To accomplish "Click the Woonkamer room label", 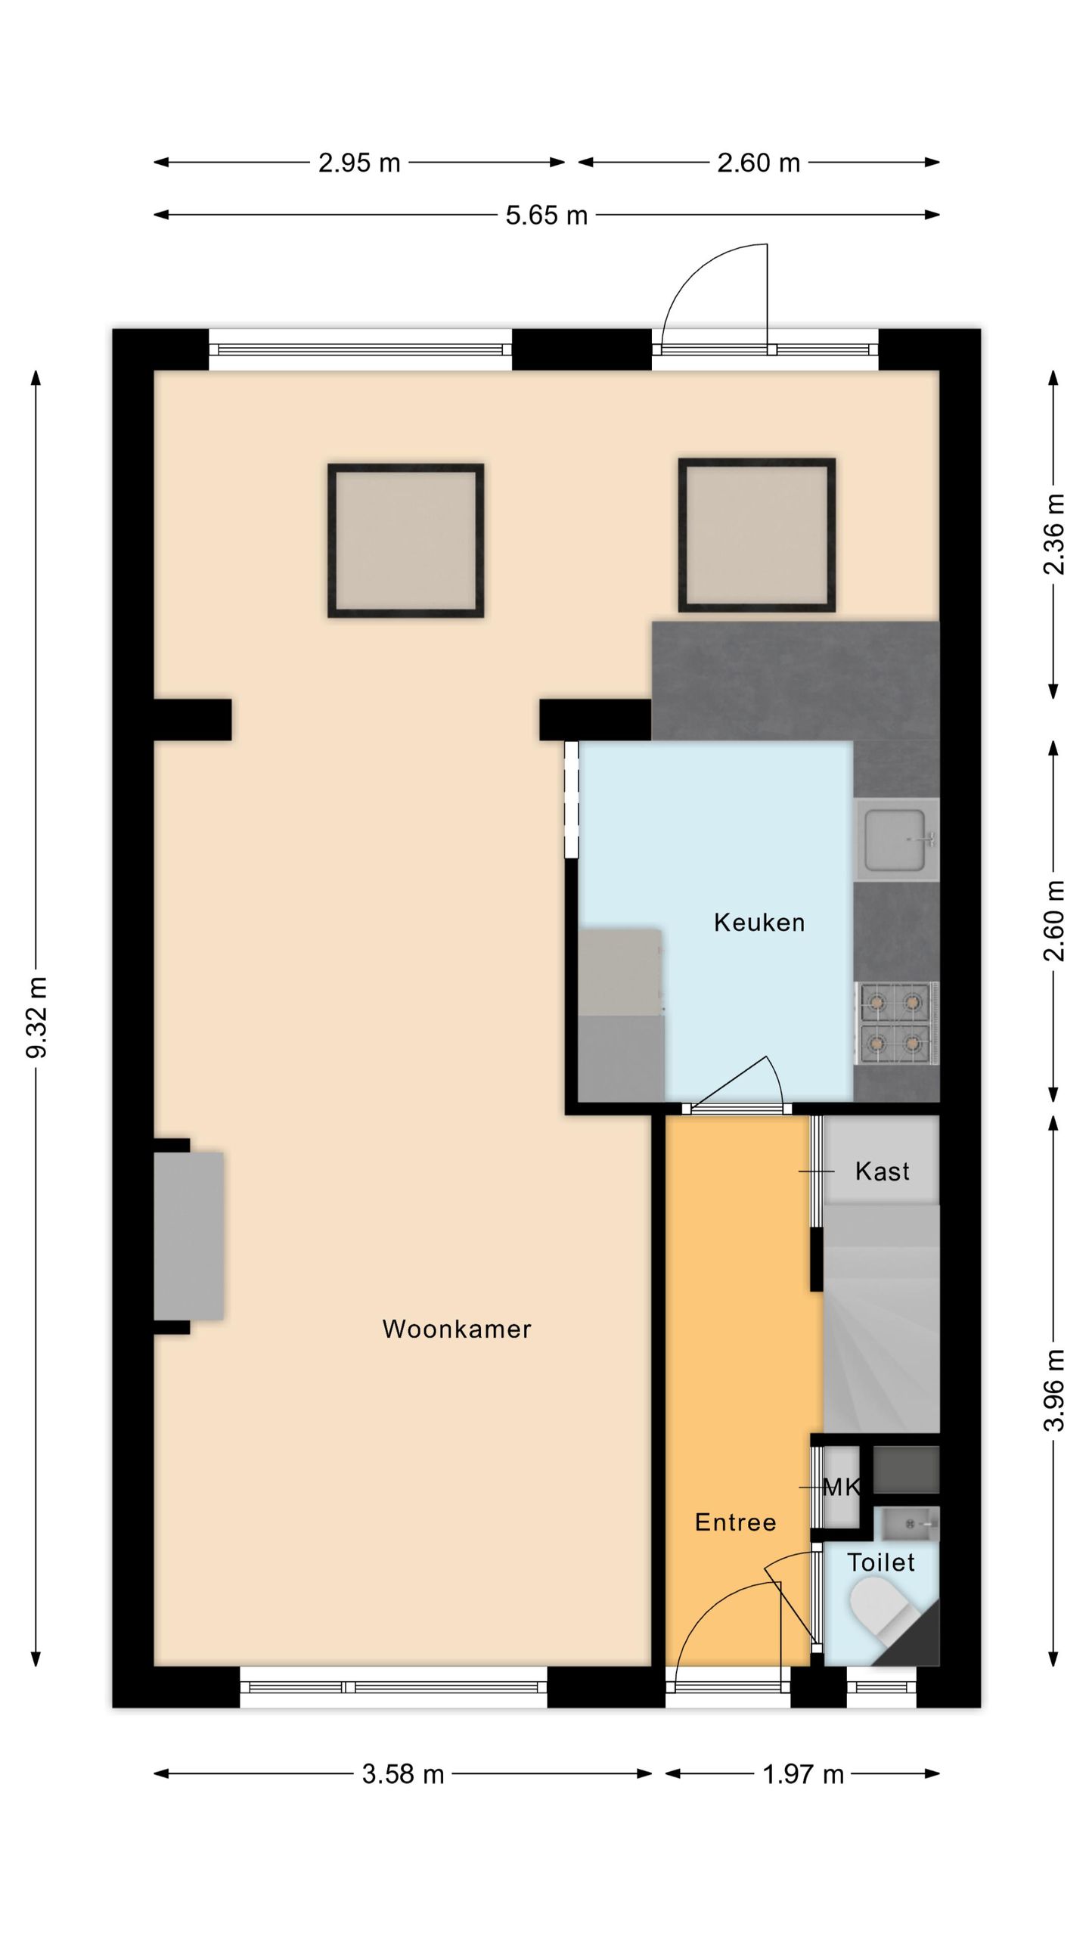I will pyautogui.click(x=456, y=1329).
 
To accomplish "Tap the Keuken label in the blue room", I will pyautogui.click(x=759, y=923).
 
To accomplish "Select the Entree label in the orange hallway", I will pyautogui.click(x=735, y=1522).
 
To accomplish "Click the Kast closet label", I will pyautogui.click(x=882, y=1171).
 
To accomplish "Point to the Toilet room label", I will pyautogui.click(x=880, y=1562).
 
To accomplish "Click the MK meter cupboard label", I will pyautogui.click(x=841, y=1488).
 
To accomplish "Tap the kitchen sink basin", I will pyautogui.click(x=895, y=839).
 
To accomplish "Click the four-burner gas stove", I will pyautogui.click(x=896, y=1022).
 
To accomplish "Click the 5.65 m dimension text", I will pyautogui.click(x=546, y=216).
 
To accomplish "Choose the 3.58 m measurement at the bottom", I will pyautogui.click(x=402, y=1774).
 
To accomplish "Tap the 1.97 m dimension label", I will pyautogui.click(x=802, y=1774).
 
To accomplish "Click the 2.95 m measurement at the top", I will pyautogui.click(x=358, y=163).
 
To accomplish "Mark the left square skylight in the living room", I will pyautogui.click(x=405, y=540).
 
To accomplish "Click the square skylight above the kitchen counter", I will pyautogui.click(x=756, y=535).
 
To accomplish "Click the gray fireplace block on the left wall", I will pyautogui.click(x=188, y=1236).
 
